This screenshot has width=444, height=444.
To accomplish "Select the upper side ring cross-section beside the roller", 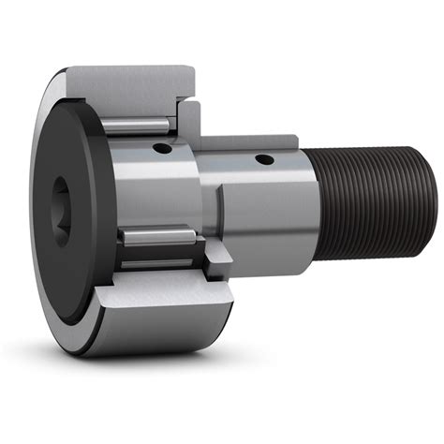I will pos(186,117).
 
